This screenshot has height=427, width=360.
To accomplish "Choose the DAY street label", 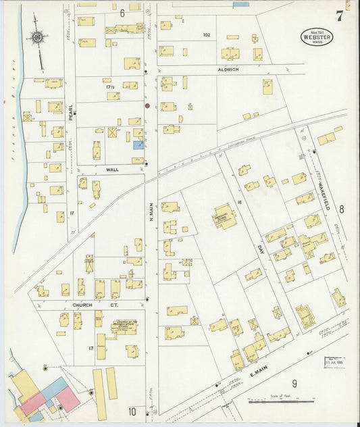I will [259, 250].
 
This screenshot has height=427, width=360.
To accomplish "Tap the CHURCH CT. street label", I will [87, 305].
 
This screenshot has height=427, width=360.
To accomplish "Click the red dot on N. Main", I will [147, 105].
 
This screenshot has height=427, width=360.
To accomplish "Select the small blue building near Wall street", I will [138, 145].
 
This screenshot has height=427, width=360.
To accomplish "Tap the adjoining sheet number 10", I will [132, 411].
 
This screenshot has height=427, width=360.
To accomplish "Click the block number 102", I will [207, 34].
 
